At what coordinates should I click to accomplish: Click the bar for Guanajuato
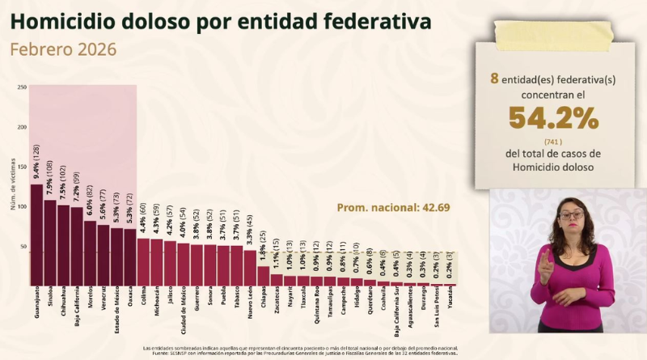point(37,235)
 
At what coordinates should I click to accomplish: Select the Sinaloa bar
point(50,243)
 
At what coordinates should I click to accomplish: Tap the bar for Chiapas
point(263,275)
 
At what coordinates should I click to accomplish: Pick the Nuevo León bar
point(250,267)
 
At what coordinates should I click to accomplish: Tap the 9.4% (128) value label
point(37,162)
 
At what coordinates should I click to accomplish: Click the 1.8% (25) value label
point(263,248)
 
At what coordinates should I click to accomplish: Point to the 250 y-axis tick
point(22,87)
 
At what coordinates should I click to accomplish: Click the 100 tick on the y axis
point(22,207)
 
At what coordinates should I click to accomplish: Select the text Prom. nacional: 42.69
point(392,208)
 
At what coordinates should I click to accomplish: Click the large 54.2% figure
point(554,119)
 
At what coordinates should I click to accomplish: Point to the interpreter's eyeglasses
point(571,214)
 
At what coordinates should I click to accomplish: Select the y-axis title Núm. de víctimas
point(12,188)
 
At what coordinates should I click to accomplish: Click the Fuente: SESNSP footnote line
point(323,354)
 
